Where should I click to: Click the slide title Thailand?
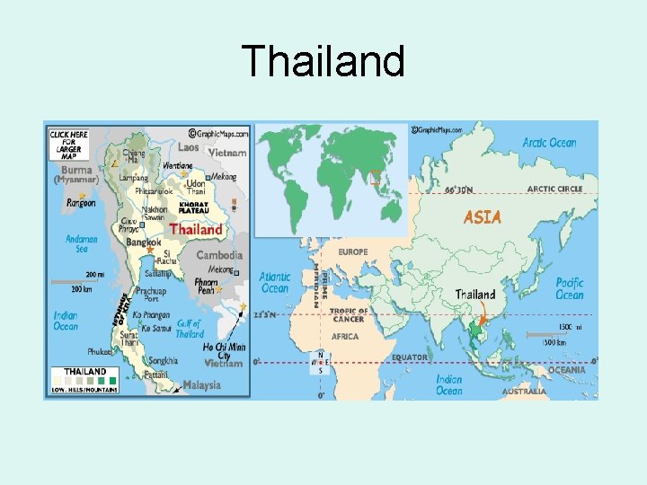click(323, 62)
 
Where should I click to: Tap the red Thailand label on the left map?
click(196, 229)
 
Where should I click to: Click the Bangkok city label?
click(143, 242)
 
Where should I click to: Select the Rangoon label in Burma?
click(81, 204)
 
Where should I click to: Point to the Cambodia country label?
click(219, 255)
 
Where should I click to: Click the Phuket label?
click(101, 352)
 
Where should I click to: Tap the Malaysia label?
click(201, 385)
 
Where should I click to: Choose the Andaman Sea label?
click(82, 244)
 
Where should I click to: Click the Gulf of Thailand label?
click(190, 330)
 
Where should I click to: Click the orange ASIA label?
click(482, 216)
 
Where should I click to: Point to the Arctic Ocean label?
click(549, 143)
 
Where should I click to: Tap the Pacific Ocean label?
click(569, 288)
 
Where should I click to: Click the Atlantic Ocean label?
click(275, 283)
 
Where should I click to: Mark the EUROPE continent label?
click(353, 252)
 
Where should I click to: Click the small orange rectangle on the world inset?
click(376, 177)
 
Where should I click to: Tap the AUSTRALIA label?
click(523, 392)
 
